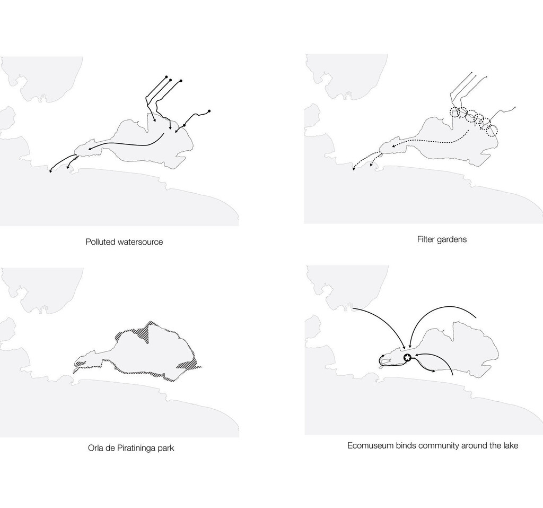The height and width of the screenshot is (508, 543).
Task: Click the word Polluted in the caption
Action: coord(100,242)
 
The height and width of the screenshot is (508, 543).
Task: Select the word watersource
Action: coord(140,242)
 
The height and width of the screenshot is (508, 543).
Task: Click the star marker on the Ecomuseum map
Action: coord(408,357)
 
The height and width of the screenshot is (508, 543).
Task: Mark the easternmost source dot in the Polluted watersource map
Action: coord(209,111)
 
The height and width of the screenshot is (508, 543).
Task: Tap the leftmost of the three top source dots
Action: coord(166,76)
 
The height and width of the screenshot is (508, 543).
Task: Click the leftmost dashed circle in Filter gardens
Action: coord(456,112)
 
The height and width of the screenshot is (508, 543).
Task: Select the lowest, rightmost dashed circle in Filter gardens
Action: coord(492,131)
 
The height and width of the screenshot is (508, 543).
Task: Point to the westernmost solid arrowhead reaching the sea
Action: coord(51,170)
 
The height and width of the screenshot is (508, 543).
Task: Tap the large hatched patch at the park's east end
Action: coord(189,365)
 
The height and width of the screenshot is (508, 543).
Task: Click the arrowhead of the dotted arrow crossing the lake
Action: coord(394,146)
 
